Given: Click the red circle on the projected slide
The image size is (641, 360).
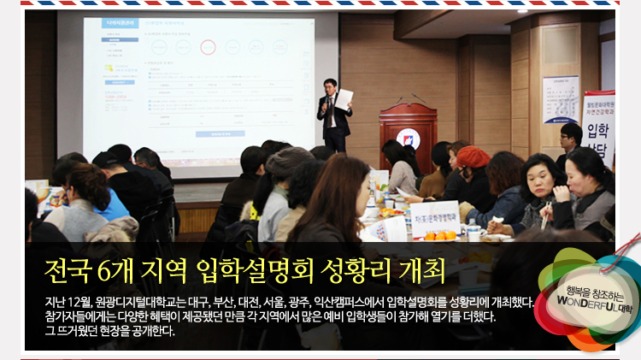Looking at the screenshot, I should [207, 47].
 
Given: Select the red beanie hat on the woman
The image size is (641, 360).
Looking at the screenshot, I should [473, 156].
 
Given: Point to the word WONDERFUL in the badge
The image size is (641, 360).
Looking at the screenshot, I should [579, 301].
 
